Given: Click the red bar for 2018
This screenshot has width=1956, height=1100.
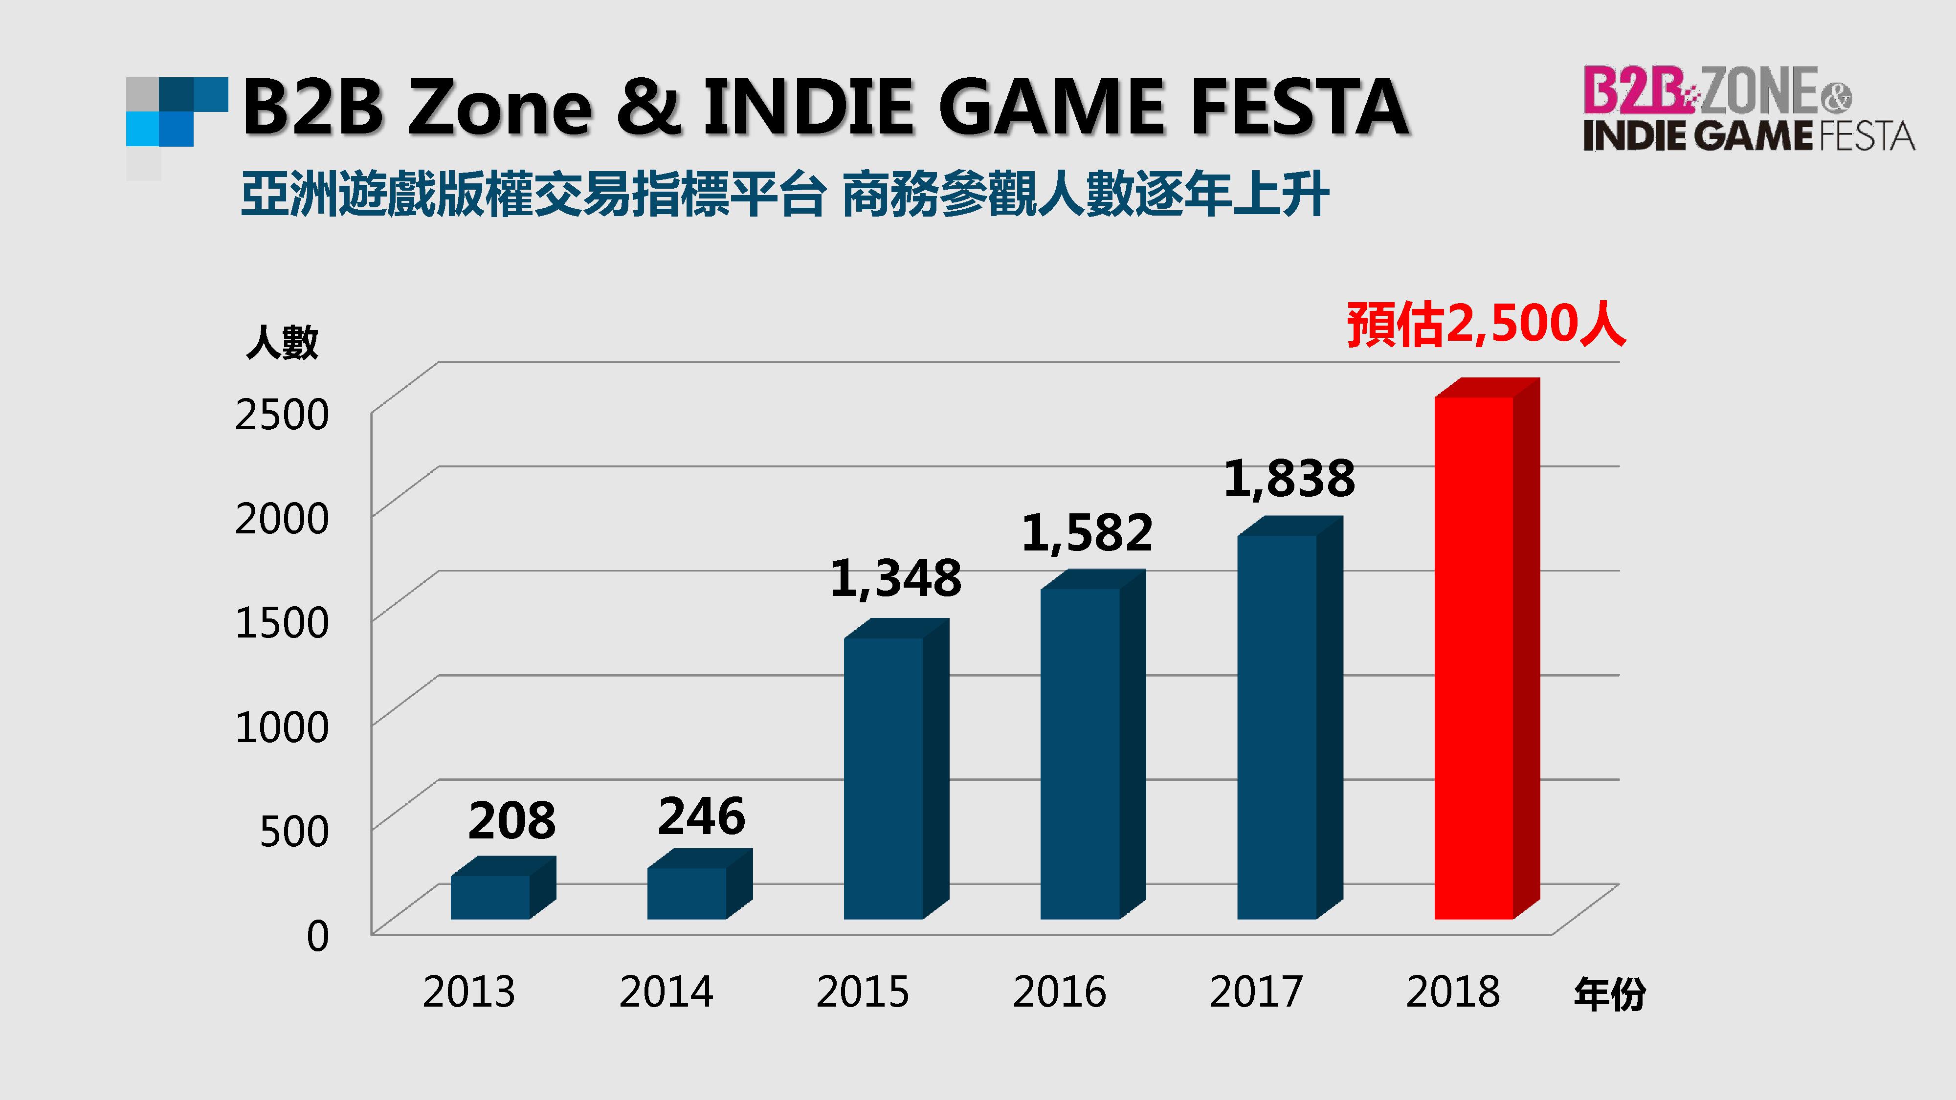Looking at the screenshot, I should pos(1474,657).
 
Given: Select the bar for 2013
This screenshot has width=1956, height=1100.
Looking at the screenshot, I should pos(490,897).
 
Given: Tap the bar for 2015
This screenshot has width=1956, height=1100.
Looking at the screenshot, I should pos(884,778).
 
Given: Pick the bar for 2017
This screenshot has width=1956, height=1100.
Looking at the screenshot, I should pos(1277,726).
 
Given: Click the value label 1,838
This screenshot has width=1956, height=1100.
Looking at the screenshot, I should pos(1289,479).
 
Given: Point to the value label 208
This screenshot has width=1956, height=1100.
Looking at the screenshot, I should pos(512,821).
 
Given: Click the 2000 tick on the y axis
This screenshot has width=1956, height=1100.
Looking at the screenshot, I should pos(282,519).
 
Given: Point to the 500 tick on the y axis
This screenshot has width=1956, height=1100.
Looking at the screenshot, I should pos(294,831).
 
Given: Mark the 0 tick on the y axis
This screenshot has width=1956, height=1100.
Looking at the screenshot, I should pos(317,935).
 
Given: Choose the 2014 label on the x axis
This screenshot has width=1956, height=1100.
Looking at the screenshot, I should pos(666,991).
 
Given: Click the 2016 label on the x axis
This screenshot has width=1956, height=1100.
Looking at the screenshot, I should pos(1059,991).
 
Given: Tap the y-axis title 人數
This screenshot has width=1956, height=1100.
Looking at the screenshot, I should pos(282,342).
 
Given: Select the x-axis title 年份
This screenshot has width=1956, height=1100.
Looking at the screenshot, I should pos(1609,994).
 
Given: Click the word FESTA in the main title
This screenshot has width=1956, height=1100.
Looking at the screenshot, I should pos(1299,108).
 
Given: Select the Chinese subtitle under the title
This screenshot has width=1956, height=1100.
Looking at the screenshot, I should pos(784,195).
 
